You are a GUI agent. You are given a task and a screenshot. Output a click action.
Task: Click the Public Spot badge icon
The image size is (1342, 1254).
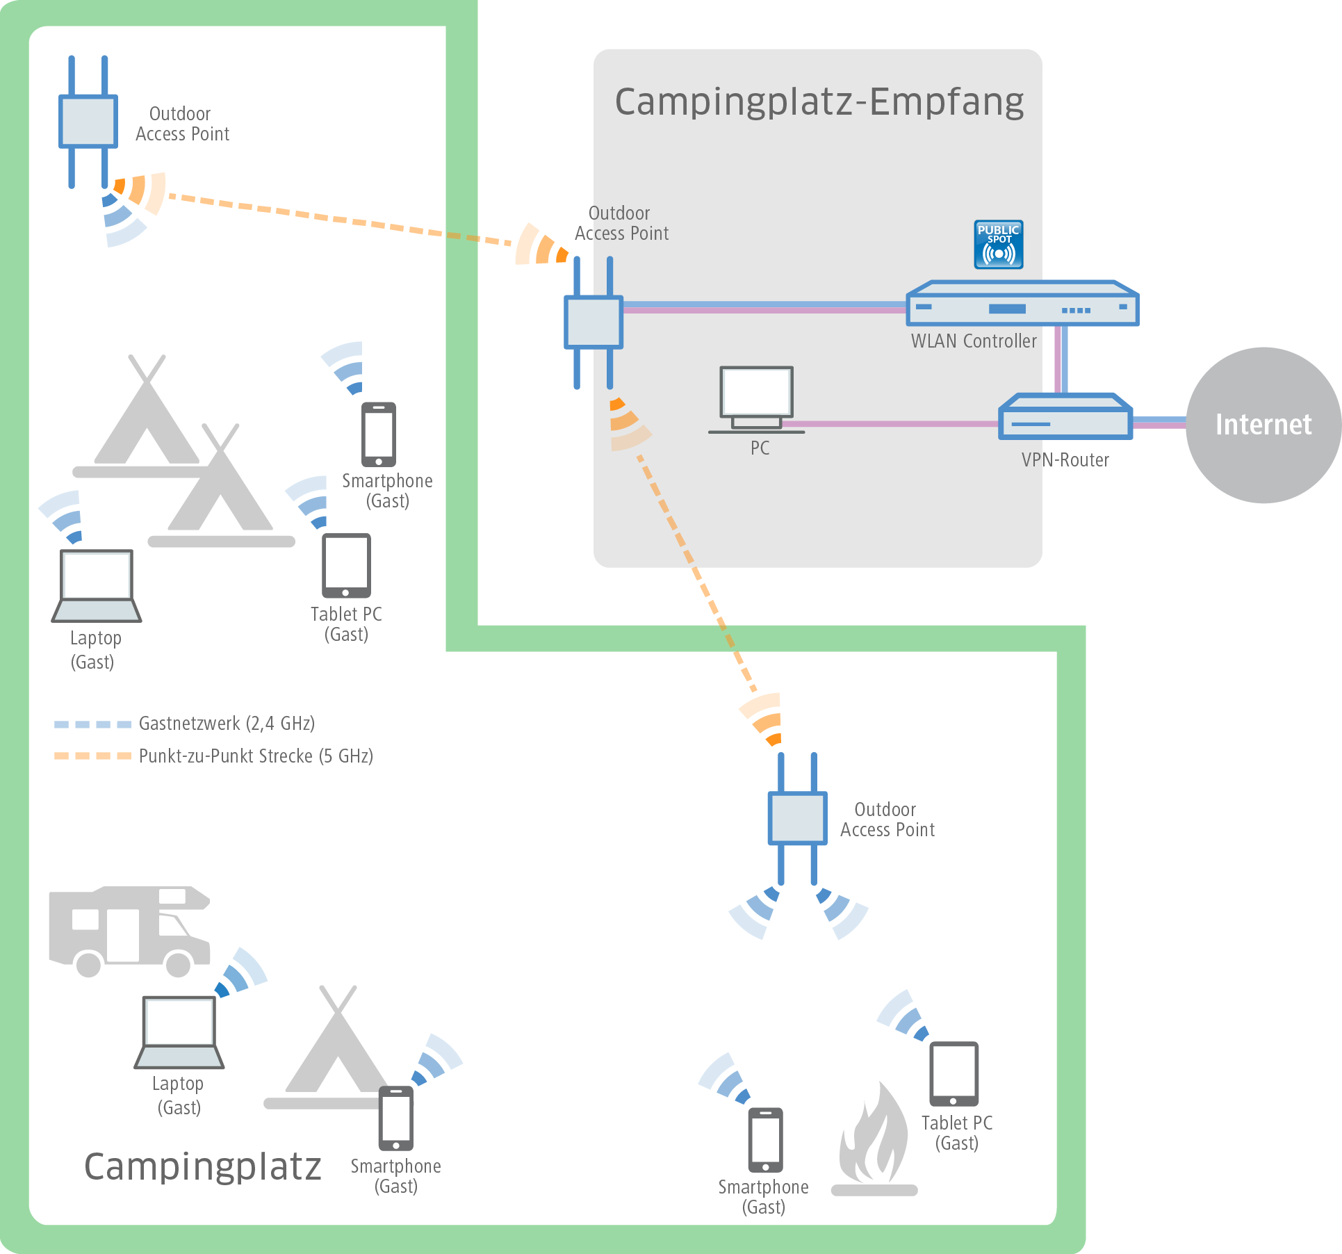click(998, 245)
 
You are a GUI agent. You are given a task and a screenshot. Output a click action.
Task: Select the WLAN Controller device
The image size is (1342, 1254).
click(1022, 304)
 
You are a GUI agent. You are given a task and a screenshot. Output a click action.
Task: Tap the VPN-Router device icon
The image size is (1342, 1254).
click(1065, 417)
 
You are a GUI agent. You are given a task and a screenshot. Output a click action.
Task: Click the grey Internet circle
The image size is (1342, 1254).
click(1263, 425)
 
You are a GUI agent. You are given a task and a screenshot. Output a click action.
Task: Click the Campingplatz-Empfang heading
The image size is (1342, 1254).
click(819, 101)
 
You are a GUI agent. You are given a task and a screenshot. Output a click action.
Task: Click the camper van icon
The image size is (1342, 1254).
click(129, 930)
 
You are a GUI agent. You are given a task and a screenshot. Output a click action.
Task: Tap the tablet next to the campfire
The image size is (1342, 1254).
click(954, 1073)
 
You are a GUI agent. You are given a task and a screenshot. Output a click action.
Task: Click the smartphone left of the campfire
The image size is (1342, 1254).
click(765, 1139)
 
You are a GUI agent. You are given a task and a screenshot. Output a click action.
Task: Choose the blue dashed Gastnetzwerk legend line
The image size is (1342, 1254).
click(92, 724)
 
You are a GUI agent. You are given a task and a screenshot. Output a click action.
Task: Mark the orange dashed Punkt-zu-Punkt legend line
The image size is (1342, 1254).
click(92, 756)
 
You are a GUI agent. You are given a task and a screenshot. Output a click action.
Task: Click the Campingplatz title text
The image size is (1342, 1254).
click(202, 1167)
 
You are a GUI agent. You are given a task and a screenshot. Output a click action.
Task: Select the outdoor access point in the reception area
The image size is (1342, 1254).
click(593, 323)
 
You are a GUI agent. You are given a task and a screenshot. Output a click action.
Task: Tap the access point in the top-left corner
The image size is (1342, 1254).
click(88, 122)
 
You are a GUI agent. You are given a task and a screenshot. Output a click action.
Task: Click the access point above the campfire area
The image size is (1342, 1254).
click(797, 818)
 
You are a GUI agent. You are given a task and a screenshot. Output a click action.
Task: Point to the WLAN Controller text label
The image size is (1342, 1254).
click(974, 341)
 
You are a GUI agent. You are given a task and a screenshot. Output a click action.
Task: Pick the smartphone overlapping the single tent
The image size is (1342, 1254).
click(395, 1118)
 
